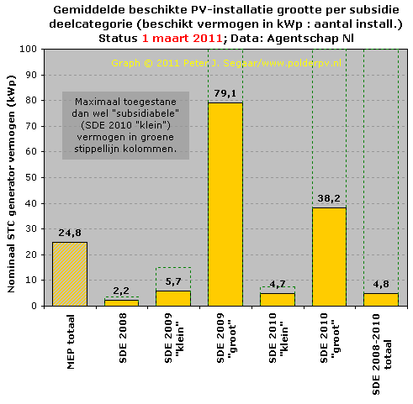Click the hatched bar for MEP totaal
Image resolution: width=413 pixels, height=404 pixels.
click(x=70, y=274)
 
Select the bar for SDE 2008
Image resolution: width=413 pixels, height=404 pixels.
click(x=121, y=303)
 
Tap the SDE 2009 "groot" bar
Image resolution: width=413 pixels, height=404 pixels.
click(x=225, y=204)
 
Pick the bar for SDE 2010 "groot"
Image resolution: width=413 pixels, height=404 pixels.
click(x=329, y=257)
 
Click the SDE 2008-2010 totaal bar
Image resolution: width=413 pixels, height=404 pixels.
click(x=381, y=300)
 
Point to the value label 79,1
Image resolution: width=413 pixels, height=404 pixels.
click(x=225, y=93)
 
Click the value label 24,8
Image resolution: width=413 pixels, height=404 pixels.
click(x=70, y=233)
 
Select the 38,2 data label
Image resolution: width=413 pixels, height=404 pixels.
click(x=329, y=198)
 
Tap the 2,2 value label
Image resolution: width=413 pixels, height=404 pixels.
click(x=121, y=291)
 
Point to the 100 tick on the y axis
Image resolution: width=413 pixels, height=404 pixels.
click(x=29, y=49)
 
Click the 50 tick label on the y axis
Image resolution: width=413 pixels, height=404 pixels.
click(x=31, y=177)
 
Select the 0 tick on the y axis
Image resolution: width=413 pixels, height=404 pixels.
click(x=34, y=306)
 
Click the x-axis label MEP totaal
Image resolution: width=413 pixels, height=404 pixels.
click(x=71, y=342)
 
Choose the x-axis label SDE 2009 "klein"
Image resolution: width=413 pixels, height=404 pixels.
click(x=173, y=338)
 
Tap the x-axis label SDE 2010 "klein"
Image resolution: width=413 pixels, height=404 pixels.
click(x=278, y=338)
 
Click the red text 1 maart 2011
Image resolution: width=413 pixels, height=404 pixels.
click(x=183, y=38)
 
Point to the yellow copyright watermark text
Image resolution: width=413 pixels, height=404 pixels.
click(x=226, y=63)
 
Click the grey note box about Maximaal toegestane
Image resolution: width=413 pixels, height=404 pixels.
click(x=125, y=125)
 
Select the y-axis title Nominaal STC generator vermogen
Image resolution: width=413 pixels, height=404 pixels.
click(x=11, y=184)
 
